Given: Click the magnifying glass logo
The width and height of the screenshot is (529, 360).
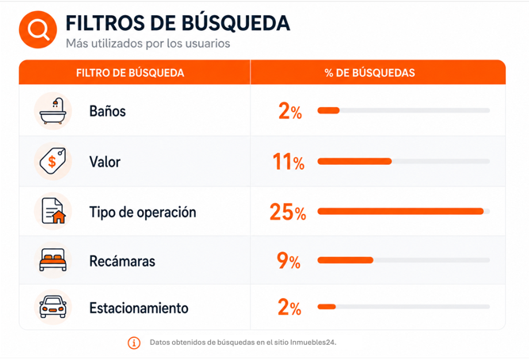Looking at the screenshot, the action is tap(38, 29).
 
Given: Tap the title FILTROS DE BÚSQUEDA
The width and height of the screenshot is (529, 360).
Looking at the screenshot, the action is tap(178, 23).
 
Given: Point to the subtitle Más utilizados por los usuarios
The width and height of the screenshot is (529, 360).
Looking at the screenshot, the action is tap(148, 44).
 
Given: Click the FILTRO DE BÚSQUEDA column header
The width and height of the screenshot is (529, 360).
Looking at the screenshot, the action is tap(130, 73).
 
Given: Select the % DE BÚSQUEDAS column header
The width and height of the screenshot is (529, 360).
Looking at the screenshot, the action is tap(370, 73).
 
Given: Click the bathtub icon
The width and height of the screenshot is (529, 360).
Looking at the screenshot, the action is tap(53, 111).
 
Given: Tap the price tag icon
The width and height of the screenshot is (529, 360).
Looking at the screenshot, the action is tap(53, 161).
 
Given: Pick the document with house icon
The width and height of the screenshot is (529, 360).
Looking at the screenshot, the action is tap(53, 211).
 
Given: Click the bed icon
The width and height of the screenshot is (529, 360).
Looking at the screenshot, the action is tap(53, 260).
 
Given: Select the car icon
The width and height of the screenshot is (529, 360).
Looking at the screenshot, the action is tap(53, 307).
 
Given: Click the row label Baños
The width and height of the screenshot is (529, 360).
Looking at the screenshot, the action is tap(108, 111).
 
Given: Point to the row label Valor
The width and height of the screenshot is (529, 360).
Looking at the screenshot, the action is tap(105, 162).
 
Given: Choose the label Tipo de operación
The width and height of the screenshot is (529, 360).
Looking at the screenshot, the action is tap(143, 213).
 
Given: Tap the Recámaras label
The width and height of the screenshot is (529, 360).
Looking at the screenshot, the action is tap(122, 261).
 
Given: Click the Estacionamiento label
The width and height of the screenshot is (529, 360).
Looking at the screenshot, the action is tap(139, 308).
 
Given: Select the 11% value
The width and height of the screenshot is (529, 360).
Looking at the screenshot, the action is tap(289, 161).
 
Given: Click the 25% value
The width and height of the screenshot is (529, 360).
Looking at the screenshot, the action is tap(288, 212).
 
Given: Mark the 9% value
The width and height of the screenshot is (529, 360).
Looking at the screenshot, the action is tap(289, 260).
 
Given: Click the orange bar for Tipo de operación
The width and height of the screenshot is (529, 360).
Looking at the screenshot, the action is tap(401, 211).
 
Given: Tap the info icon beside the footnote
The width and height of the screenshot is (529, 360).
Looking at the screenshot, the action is tap(134, 343).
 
